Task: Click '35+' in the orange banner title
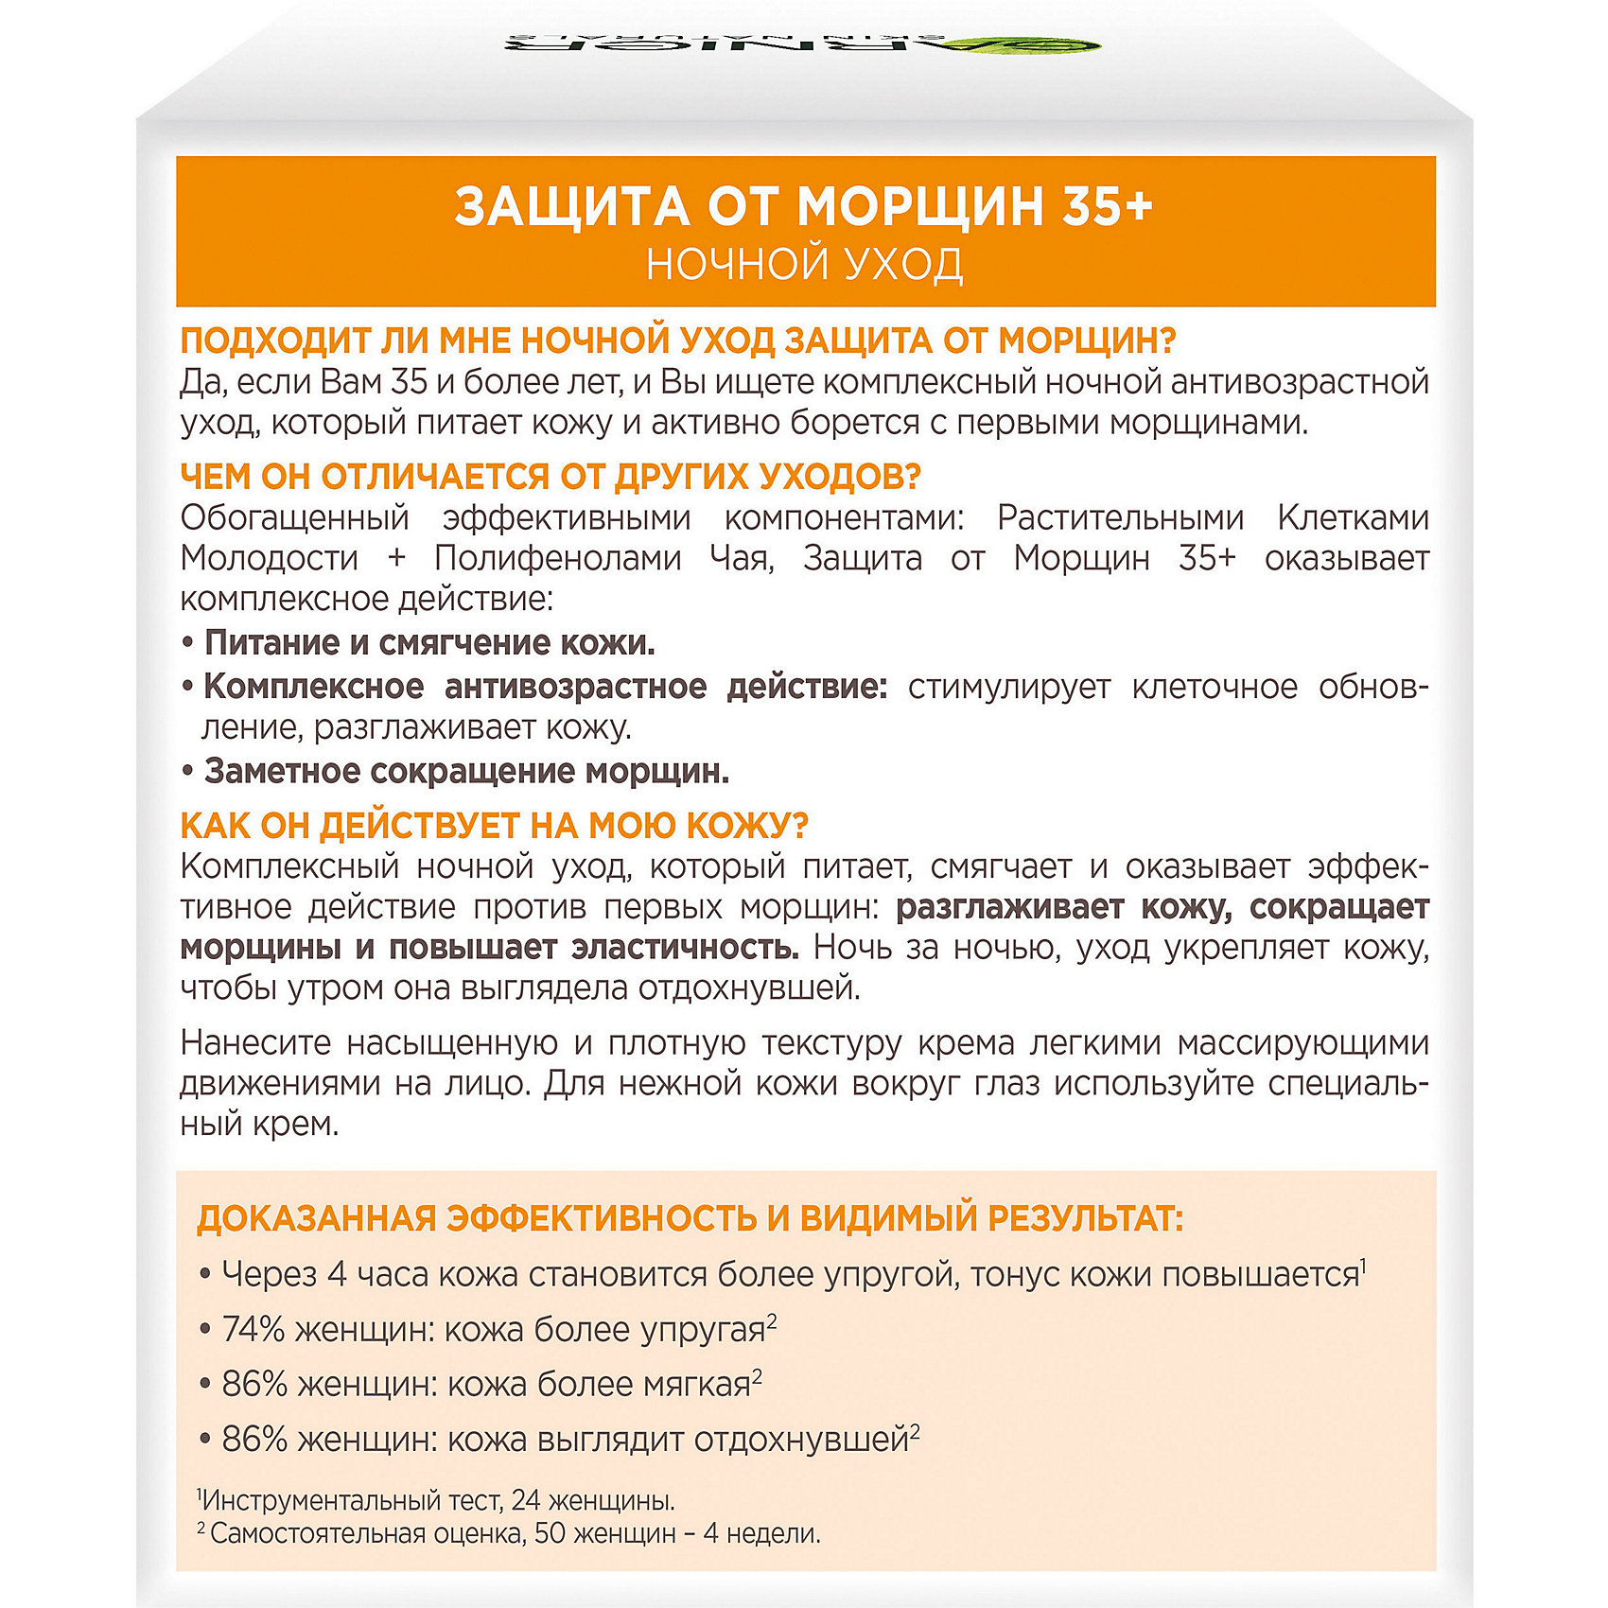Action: [1107, 206]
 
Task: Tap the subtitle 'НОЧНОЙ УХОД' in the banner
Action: [805, 265]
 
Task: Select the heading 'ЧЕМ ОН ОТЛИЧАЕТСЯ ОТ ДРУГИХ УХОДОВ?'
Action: [550, 477]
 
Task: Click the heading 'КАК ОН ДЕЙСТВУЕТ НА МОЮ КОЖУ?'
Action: [494, 826]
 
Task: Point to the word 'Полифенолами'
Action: [557, 558]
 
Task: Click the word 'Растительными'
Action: [1120, 517]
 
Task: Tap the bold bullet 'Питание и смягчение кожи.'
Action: [429, 643]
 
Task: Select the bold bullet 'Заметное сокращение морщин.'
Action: [466, 772]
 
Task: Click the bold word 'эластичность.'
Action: [685, 947]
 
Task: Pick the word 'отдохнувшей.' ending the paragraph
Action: [750, 988]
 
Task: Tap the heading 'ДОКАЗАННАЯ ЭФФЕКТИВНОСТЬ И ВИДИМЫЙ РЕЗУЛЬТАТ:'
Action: [690, 1219]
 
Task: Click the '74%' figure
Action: [253, 1330]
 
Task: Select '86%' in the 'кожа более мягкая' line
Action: [253, 1385]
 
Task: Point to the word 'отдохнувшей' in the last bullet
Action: [801, 1440]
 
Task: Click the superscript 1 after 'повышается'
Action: [1363, 1264]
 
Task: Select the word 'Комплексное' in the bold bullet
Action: [313, 687]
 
